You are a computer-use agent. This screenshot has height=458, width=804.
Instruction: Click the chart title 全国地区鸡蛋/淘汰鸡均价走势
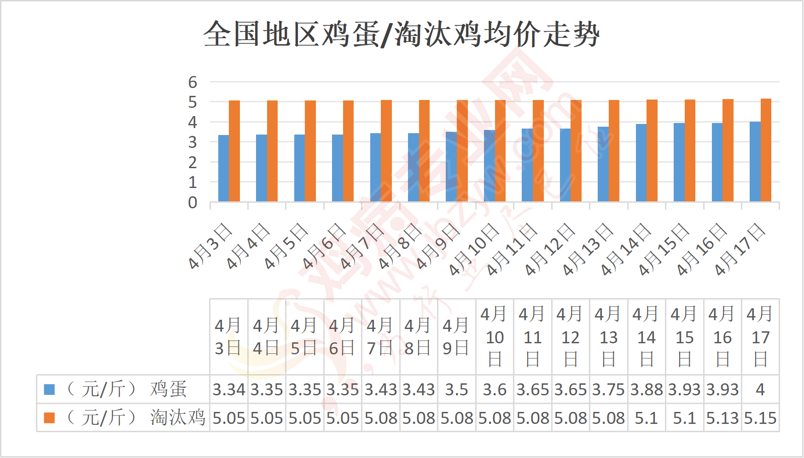[402, 34]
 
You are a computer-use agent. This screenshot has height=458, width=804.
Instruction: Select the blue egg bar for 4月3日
[223, 168]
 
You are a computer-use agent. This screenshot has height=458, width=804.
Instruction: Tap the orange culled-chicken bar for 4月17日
[766, 150]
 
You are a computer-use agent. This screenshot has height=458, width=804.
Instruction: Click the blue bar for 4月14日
[641, 163]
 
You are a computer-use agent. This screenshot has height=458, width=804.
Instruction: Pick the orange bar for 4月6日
[349, 151]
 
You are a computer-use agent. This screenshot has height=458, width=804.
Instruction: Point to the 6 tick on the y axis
[192, 82]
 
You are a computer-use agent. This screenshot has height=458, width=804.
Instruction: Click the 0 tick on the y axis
[192, 203]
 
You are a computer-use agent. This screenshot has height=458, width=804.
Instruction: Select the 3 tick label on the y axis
[192, 142]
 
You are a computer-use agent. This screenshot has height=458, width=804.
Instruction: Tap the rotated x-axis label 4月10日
[474, 249]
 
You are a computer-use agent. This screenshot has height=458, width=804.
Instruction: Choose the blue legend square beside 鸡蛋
[49, 389]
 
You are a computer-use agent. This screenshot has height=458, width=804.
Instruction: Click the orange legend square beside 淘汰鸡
[49, 418]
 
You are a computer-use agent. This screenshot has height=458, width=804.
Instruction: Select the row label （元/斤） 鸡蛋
[127, 389]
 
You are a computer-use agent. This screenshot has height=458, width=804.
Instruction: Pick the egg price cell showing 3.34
[229, 390]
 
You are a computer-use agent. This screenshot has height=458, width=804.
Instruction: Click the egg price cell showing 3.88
[647, 390]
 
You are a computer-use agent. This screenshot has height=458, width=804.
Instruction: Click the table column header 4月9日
[456, 337]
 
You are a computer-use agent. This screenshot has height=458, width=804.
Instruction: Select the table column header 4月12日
[571, 337]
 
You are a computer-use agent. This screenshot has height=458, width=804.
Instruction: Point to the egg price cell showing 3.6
[495, 390]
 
